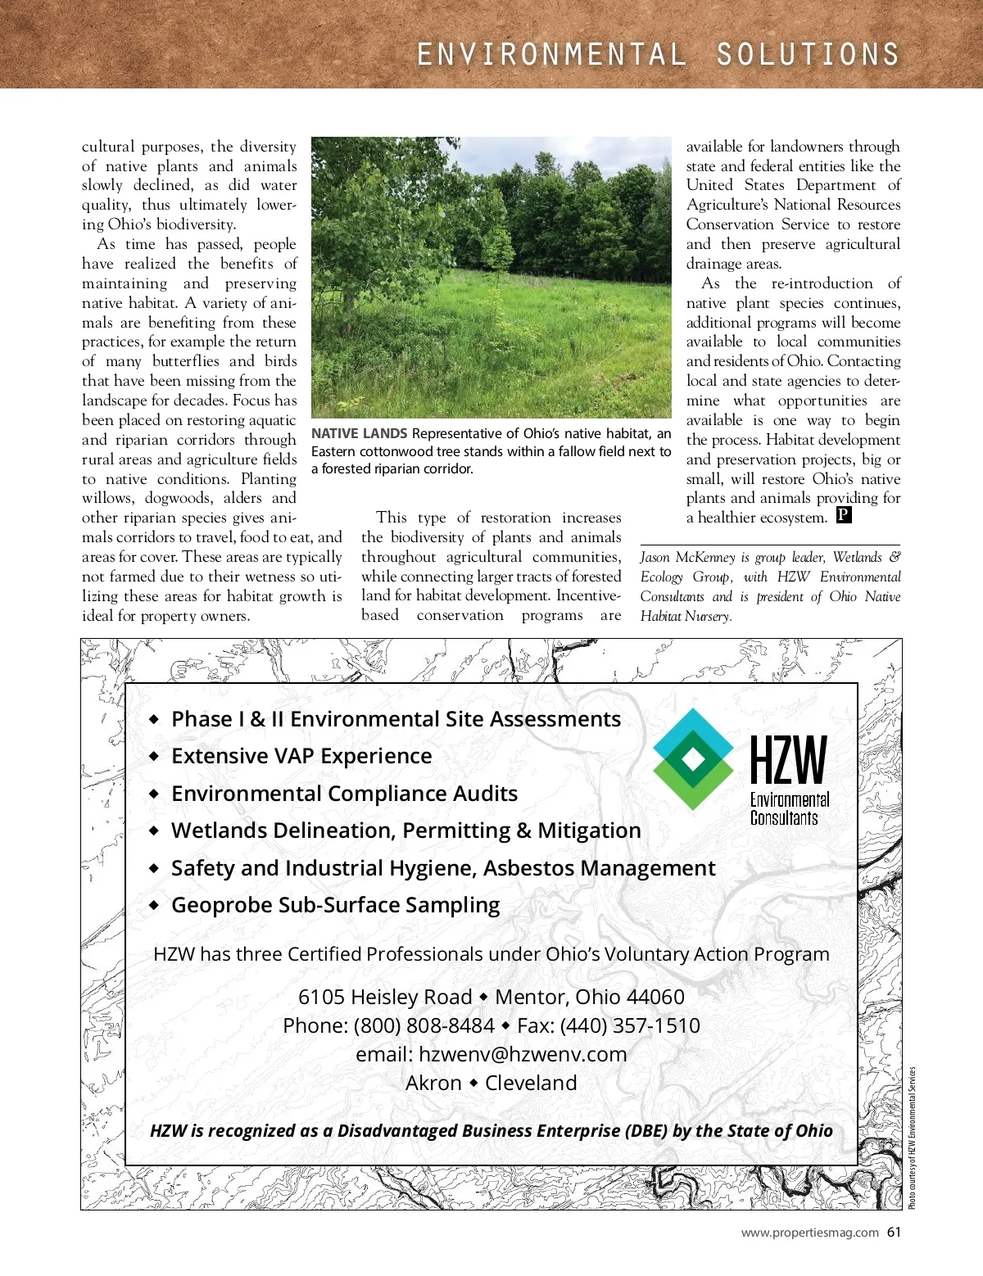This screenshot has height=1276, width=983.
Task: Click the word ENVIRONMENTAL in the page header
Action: pyautogui.click(x=551, y=55)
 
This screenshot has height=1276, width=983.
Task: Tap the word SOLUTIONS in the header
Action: pyautogui.click(x=808, y=55)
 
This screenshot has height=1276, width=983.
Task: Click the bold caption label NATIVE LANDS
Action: pyautogui.click(x=359, y=433)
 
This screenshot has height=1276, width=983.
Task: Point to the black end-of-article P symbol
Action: pyautogui.click(x=844, y=515)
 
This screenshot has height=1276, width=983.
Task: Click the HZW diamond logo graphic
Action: pyautogui.click(x=694, y=759)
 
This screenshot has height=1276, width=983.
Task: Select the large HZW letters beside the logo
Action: pyautogui.click(x=789, y=760)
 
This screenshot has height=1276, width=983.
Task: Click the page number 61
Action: pyautogui.click(x=894, y=1232)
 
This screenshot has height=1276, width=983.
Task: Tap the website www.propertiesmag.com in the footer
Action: pyautogui.click(x=809, y=1233)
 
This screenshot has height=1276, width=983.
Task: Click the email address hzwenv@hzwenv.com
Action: pyautogui.click(x=522, y=1054)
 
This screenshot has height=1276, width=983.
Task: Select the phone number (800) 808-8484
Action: pyautogui.click(x=424, y=1025)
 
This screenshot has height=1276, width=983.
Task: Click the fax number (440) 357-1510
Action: pyautogui.click(x=630, y=1025)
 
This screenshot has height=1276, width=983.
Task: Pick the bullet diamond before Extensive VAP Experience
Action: pyautogui.click(x=154, y=756)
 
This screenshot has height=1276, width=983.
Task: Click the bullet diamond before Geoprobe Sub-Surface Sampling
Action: pyautogui.click(x=154, y=905)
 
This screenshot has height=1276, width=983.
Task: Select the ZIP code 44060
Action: pyautogui.click(x=655, y=997)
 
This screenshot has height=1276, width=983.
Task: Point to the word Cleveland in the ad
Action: pyautogui.click(x=531, y=1083)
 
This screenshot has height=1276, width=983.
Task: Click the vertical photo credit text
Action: pyautogui.click(x=912, y=1138)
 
